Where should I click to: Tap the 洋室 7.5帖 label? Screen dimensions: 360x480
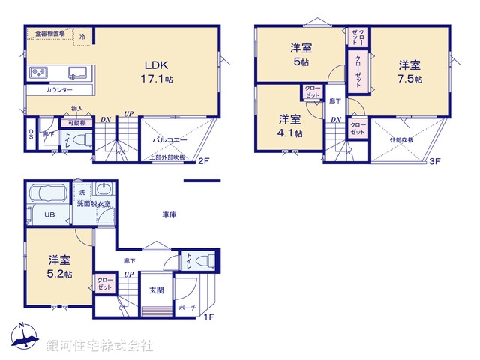click(409, 71)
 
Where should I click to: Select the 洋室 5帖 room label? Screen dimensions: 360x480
click(302, 55)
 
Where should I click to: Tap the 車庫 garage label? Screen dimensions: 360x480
click(169, 214)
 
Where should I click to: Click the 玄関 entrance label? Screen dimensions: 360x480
click(156, 290)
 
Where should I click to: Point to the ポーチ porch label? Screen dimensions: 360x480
click(187, 307)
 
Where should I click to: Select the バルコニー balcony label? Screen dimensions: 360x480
click(170, 139)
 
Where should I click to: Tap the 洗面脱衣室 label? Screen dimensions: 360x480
click(94, 204)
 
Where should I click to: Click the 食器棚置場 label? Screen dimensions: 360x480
click(45, 34)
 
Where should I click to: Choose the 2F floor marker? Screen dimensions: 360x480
click(202, 160)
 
